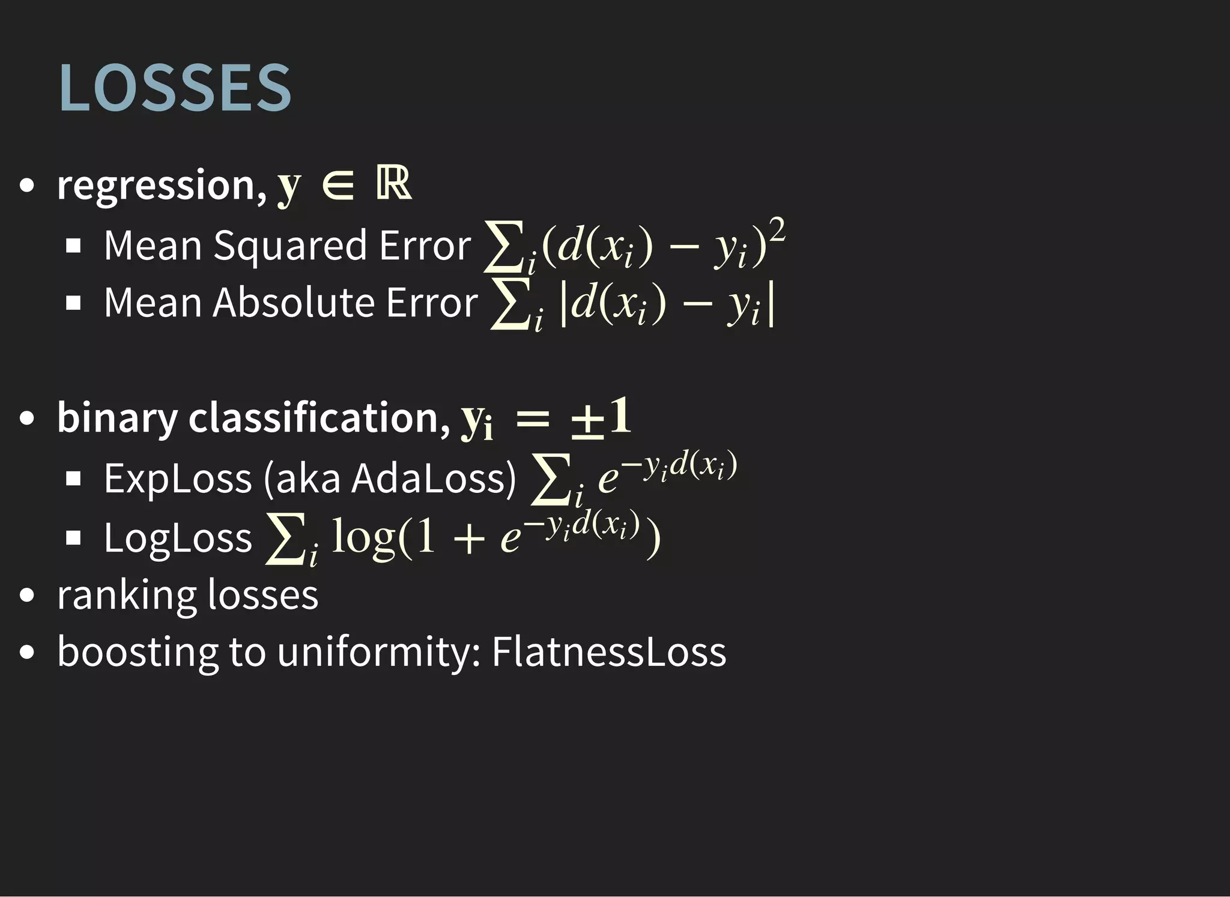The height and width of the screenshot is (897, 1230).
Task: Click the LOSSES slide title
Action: [175, 88]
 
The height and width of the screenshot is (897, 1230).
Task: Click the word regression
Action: [157, 185]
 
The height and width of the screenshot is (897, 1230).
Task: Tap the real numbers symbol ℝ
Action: [394, 183]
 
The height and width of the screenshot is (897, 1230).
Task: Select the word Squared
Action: [289, 246]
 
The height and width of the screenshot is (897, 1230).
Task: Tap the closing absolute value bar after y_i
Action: [771, 306]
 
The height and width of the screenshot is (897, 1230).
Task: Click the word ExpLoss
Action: [178, 479]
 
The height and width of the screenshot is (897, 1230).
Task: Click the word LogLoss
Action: [178, 537]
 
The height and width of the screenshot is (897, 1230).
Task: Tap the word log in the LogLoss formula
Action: [363, 536]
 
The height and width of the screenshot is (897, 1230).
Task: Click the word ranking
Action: [126, 596]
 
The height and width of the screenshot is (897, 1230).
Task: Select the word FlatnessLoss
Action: [608, 651]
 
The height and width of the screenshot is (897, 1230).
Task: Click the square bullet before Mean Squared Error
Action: [73, 246]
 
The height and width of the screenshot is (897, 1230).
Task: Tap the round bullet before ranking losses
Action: [27, 596]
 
